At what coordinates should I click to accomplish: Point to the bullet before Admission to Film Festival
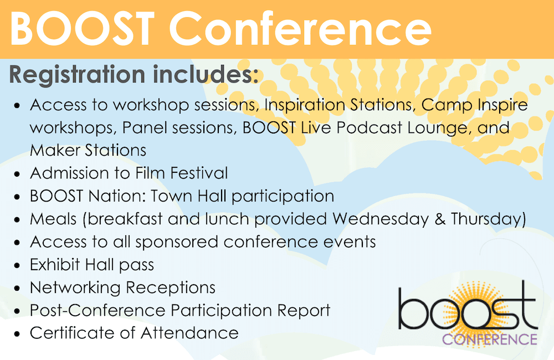click(18, 174)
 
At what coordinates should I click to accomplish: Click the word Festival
click(196, 173)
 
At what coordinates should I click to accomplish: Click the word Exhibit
click(56, 265)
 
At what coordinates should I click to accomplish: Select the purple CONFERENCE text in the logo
click(489, 339)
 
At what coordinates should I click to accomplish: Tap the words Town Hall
click(191, 196)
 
